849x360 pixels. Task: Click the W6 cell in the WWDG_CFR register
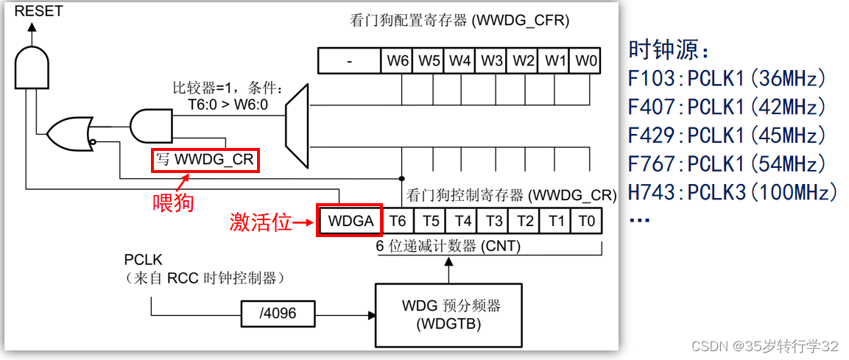point(398,61)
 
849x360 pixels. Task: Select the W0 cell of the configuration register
point(587,61)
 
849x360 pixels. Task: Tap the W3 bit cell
point(492,61)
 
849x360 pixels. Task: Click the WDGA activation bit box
point(349,220)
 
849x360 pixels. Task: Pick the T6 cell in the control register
point(398,220)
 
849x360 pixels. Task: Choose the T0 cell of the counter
point(587,220)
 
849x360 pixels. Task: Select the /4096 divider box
point(278,314)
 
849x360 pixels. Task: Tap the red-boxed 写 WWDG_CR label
point(205,160)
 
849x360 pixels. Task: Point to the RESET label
point(38,11)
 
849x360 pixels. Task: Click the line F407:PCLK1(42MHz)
point(727,107)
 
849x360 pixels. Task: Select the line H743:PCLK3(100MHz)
point(733,193)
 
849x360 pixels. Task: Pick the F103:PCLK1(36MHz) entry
point(727,79)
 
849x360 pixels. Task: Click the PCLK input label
point(143,261)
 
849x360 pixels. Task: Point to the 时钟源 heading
point(669,50)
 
